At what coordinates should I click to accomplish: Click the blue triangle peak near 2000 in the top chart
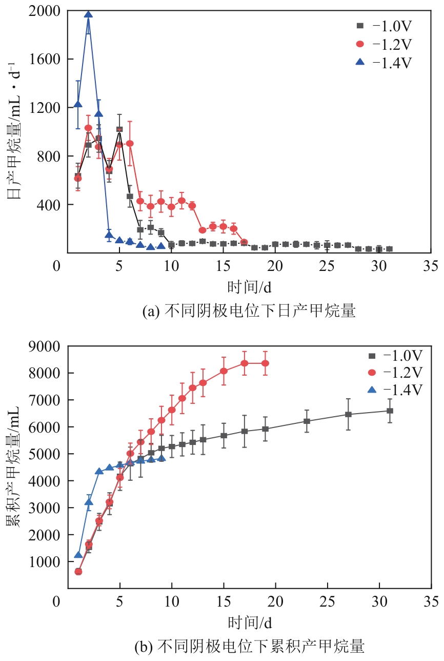point(88,15)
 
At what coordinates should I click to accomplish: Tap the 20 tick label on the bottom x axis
point(275,601)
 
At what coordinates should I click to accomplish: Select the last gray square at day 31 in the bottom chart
point(390,411)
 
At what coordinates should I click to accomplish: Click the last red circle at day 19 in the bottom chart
point(265,363)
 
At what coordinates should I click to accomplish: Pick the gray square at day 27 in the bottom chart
point(348,414)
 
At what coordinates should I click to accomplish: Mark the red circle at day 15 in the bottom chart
point(224,371)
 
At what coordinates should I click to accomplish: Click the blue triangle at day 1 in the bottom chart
point(78,555)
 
